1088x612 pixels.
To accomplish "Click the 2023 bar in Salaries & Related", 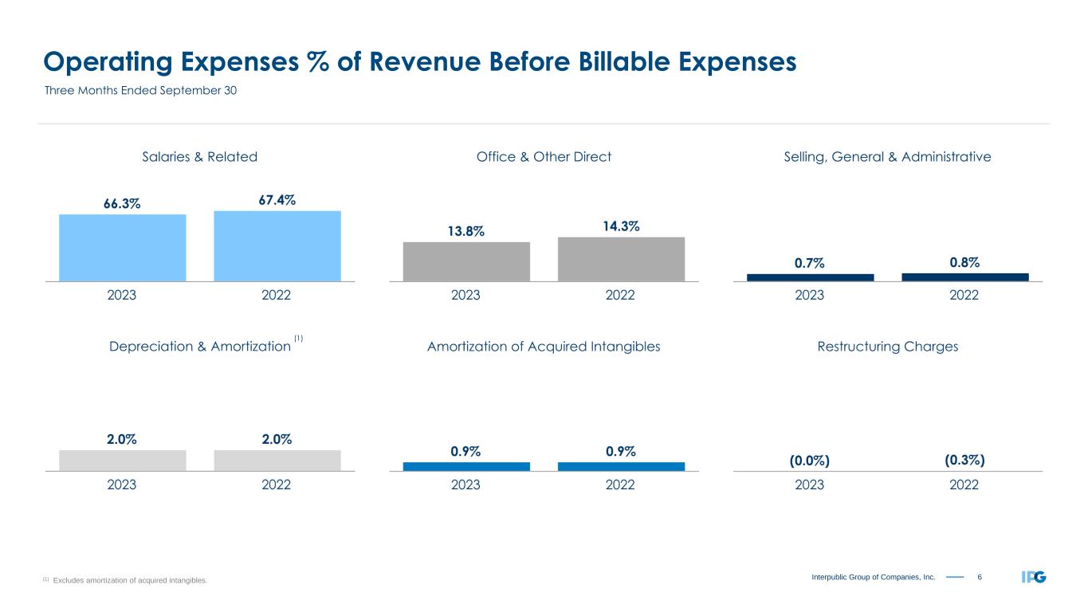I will [122, 248].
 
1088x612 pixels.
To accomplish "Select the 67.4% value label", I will [277, 199].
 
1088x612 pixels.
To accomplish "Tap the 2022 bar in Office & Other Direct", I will [621, 259].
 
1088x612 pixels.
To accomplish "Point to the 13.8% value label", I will [466, 231].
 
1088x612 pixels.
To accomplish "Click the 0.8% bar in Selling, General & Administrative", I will [964, 277].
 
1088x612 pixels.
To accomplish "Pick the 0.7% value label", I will [810, 262].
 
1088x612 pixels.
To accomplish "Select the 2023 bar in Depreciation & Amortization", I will [122, 461].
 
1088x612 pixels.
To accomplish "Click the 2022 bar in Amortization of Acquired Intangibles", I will [621, 466].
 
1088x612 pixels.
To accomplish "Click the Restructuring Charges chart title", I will [887, 347].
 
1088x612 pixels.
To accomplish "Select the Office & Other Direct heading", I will [544, 157].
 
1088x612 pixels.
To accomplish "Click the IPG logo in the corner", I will [1034, 577].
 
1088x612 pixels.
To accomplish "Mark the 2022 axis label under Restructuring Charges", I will [964, 484].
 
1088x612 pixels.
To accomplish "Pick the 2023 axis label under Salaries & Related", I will [122, 295].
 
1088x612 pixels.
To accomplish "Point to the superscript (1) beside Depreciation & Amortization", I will [299, 339].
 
